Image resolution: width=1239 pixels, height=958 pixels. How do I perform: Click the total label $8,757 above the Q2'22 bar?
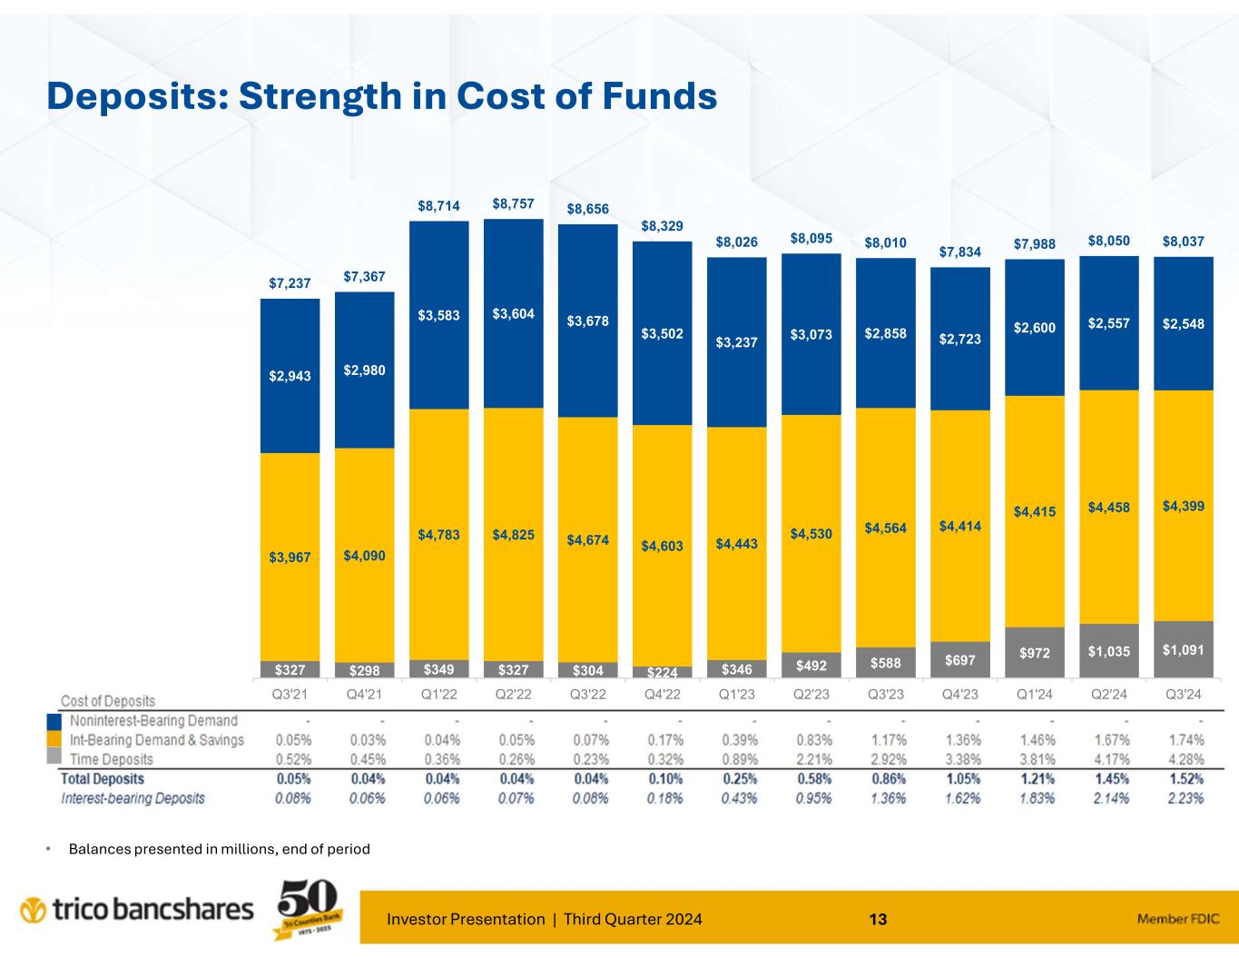pos(513,204)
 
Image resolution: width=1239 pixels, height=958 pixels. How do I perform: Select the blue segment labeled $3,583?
pos(438,315)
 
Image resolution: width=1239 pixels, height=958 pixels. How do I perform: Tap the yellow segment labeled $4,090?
pos(364,554)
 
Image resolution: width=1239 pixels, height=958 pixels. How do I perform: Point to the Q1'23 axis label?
pos(736,695)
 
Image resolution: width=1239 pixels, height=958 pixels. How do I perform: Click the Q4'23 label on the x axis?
pos(959,695)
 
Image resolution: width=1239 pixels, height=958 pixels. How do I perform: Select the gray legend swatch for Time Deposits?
pos(54,758)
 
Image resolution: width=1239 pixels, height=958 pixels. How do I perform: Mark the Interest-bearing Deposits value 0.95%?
pos(811,799)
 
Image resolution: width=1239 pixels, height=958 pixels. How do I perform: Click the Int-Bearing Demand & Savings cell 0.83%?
pos(811,740)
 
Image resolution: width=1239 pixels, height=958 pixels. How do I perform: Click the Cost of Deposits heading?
pos(108,701)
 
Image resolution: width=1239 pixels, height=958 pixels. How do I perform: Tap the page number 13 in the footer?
pos(878,920)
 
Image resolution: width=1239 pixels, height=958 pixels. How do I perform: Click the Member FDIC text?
pos(1176,919)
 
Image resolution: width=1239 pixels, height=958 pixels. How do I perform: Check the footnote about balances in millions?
pos(219,849)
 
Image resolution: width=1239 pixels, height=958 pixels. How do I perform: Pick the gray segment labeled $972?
pos(1034,652)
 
